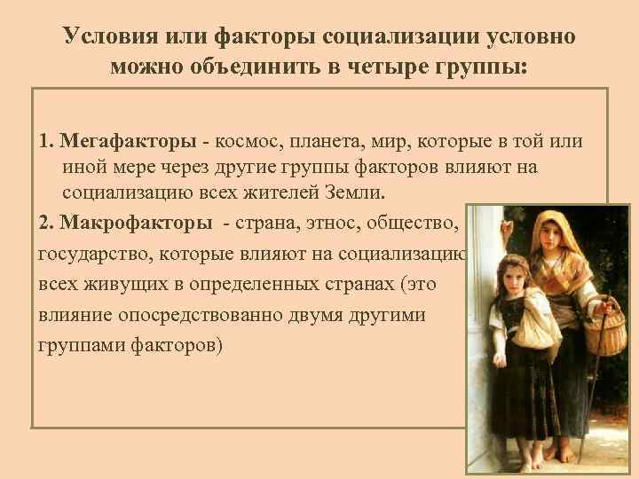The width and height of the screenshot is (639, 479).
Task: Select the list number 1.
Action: pyautogui.click(x=44, y=142)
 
